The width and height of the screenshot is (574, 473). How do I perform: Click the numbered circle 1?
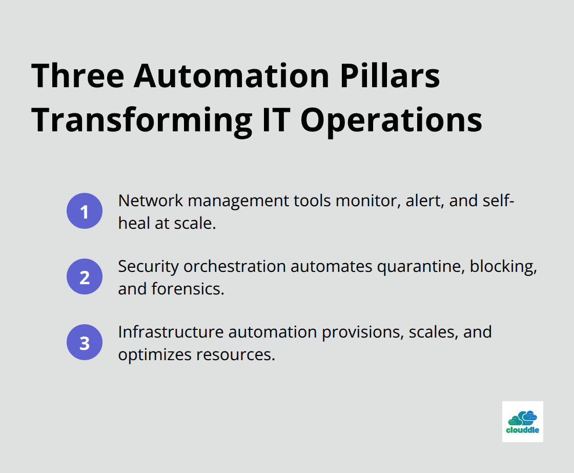click(85, 211)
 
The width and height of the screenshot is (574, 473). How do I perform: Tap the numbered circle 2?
click(85, 277)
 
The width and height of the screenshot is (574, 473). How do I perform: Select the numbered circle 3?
click(85, 343)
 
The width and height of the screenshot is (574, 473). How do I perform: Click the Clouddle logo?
click(522, 422)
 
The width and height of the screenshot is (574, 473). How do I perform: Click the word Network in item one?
click(151, 201)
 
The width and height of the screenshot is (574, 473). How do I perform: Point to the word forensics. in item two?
click(188, 289)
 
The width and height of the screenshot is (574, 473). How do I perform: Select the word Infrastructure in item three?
click(171, 332)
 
